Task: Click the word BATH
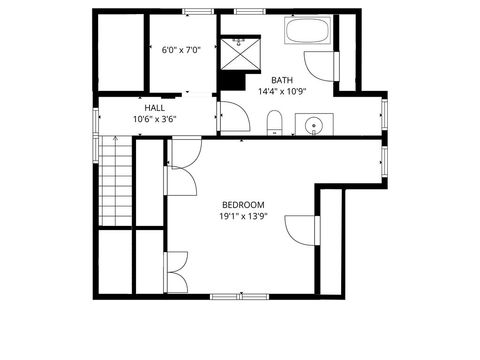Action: pyautogui.click(x=282, y=79)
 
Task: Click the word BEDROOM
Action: pyautogui.click(x=243, y=203)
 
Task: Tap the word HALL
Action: pyautogui.click(x=155, y=107)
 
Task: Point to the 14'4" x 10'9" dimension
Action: pyautogui.click(x=282, y=91)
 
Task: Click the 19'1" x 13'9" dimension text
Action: pyautogui.click(x=243, y=216)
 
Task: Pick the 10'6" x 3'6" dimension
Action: pyautogui.click(x=155, y=119)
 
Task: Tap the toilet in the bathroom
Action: pyautogui.click(x=275, y=123)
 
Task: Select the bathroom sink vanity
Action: pyautogui.click(x=314, y=125)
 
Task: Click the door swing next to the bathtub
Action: pyautogui.click(x=320, y=67)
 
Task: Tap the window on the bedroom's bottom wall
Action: pyautogui.click(x=240, y=296)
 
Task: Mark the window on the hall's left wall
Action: pyautogui.click(x=97, y=119)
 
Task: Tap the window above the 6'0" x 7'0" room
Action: pyautogui.click(x=199, y=11)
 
